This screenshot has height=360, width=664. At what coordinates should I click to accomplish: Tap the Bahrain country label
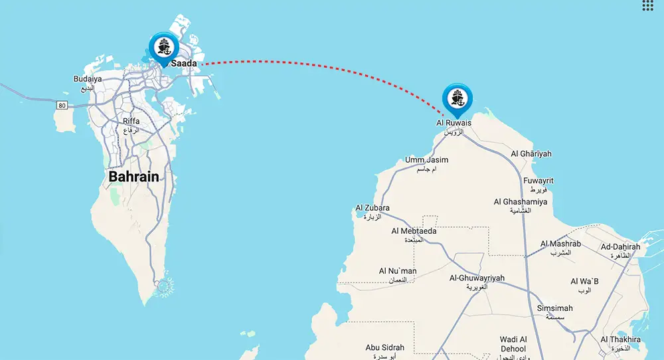tap(133, 177)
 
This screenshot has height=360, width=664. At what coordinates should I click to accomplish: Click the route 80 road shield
tap(62, 104)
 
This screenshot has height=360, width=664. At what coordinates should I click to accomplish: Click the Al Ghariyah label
tap(531, 154)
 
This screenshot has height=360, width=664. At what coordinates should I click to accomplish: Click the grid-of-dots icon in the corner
tap(649, 6)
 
